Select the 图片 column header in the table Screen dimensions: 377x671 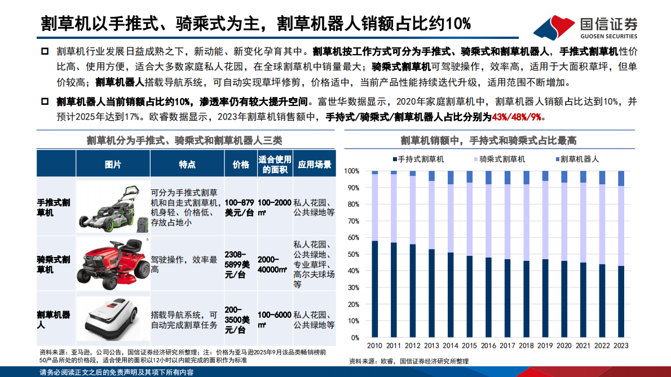113,165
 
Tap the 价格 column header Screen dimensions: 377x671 241,165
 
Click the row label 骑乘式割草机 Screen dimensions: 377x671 54,264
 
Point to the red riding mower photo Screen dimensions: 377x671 112,263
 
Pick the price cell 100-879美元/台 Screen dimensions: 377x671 240,207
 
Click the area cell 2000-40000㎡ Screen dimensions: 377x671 275,263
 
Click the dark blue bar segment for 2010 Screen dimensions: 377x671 375,289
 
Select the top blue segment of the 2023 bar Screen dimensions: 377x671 621,179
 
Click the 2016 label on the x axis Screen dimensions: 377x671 488,345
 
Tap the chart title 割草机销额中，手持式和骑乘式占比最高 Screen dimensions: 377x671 488,140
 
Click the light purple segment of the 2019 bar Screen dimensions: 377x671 545,220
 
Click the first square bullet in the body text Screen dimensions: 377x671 45,51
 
